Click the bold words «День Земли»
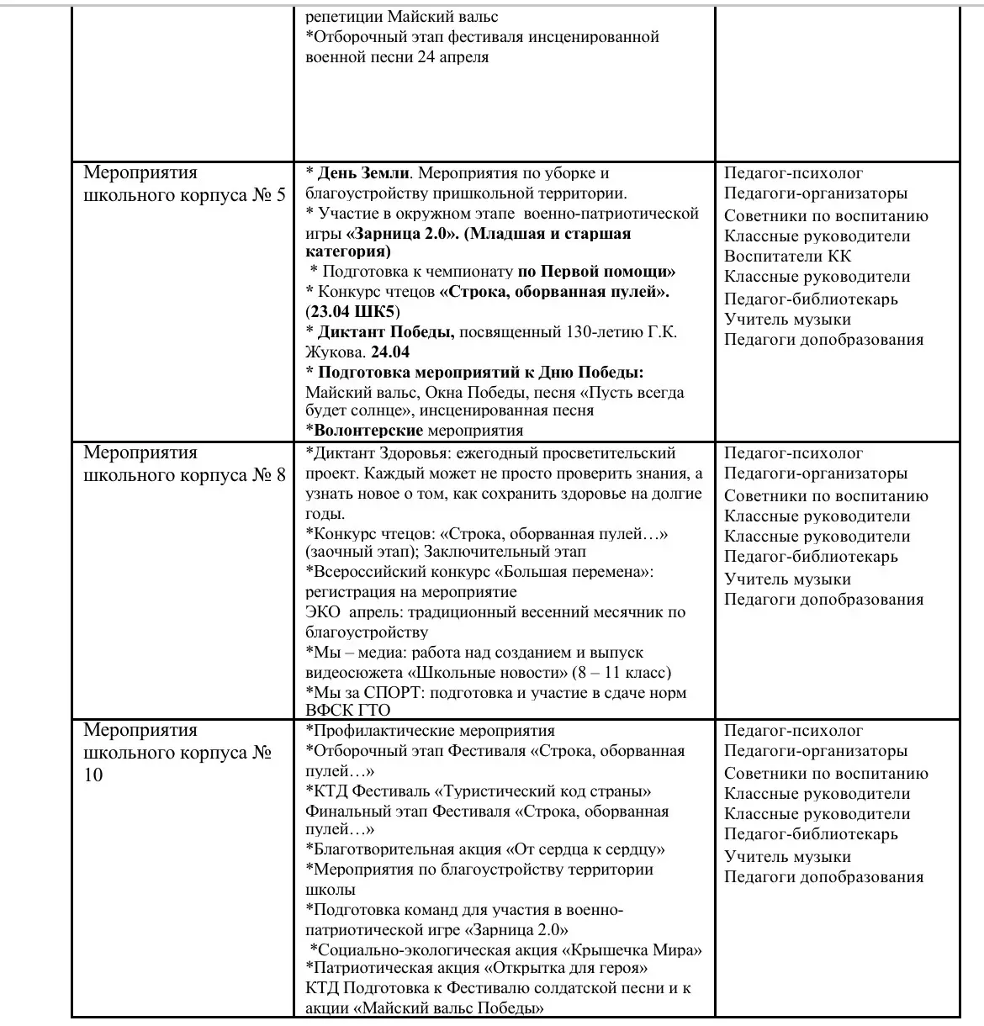[363, 173]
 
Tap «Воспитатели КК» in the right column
[776, 256]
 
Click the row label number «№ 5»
[269, 195]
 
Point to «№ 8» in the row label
[269, 475]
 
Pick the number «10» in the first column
[93, 775]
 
